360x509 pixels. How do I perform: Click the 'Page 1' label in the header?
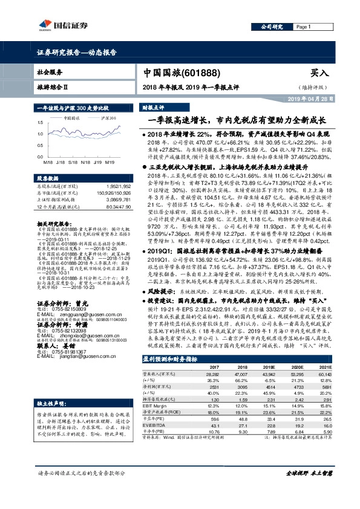(303, 27)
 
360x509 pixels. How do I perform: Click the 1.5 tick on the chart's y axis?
(40, 120)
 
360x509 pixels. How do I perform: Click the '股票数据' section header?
(48, 179)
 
